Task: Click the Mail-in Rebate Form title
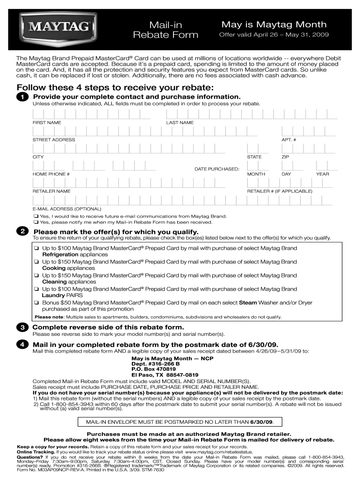(x=166, y=30)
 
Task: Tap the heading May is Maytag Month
(x=274, y=24)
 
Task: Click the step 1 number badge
(x=22, y=97)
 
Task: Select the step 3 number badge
(x=22, y=327)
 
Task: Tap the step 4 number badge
(x=22, y=345)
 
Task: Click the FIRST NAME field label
(x=46, y=123)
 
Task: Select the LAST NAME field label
(x=180, y=123)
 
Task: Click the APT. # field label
(x=288, y=140)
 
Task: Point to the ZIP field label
(x=285, y=157)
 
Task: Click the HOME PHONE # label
(x=51, y=174)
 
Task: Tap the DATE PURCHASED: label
(x=217, y=168)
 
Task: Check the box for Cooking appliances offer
(x=36, y=262)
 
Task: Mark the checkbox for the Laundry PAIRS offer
(x=36, y=289)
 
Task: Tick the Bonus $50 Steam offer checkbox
(x=36, y=303)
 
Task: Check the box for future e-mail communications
(x=36, y=217)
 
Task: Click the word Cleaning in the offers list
(x=54, y=282)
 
